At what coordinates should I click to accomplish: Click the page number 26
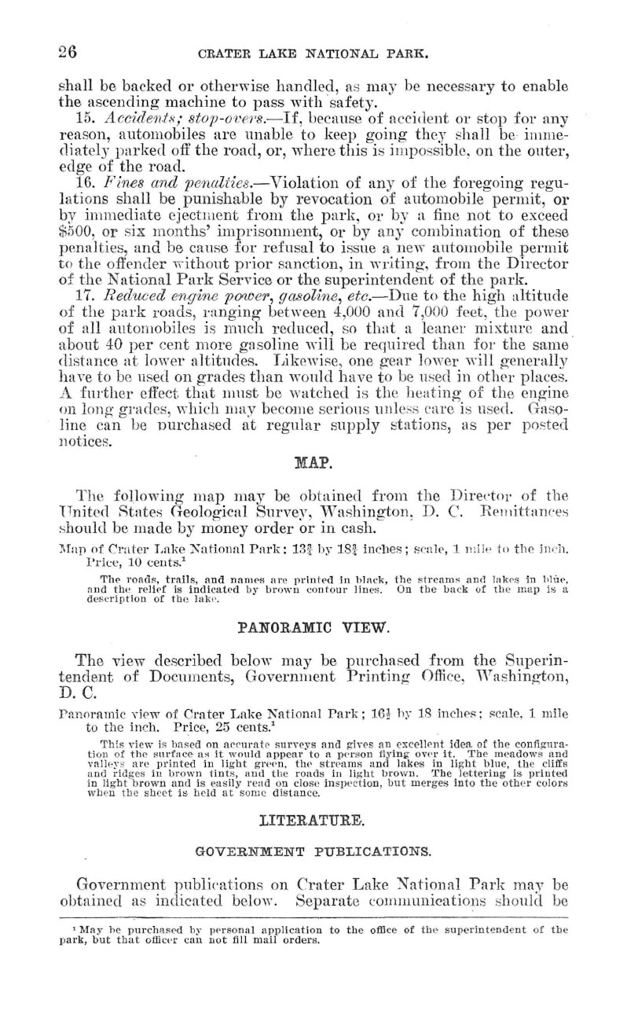65,53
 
